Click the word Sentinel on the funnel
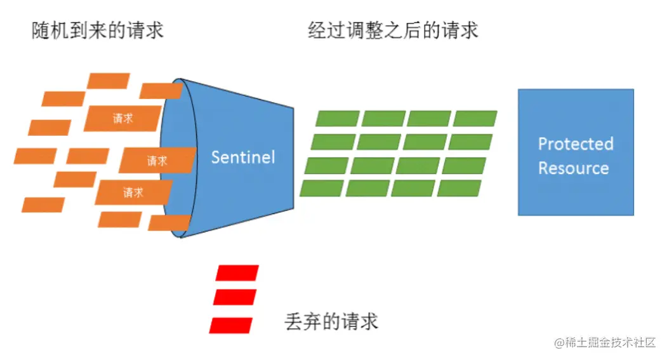pyautogui.click(x=243, y=157)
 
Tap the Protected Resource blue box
pyautogui.click(x=576, y=152)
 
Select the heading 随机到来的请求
pyautogui.click(x=98, y=30)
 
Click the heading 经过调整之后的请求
pyautogui.click(x=393, y=30)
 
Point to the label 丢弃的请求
pyautogui.click(x=331, y=321)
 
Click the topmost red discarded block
pyautogui.click(x=237, y=273)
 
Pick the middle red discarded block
pyautogui.click(x=235, y=297)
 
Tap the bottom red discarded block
pyautogui.click(x=232, y=324)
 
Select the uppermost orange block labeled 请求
pyautogui.click(x=122, y=118)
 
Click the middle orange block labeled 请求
pyautogui.click(x=157, y=160)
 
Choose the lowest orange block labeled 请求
pyautogui.click(x=133, y=192)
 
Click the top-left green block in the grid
pyautogui.click(x=338, y=119)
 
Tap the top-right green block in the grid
pyautogui.click(x=475, y=119)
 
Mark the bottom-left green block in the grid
pyautogui.click(x=322, y=188)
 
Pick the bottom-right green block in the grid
pyautogui.click(x=459, y=188)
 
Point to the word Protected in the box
pyautogui.click(x=576, y=144)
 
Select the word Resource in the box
pyautogui.click(x=573, y=168)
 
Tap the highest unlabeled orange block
pyautogui.click(x=109, y=81)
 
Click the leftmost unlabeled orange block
pyautogui.click(x=35, y=156)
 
